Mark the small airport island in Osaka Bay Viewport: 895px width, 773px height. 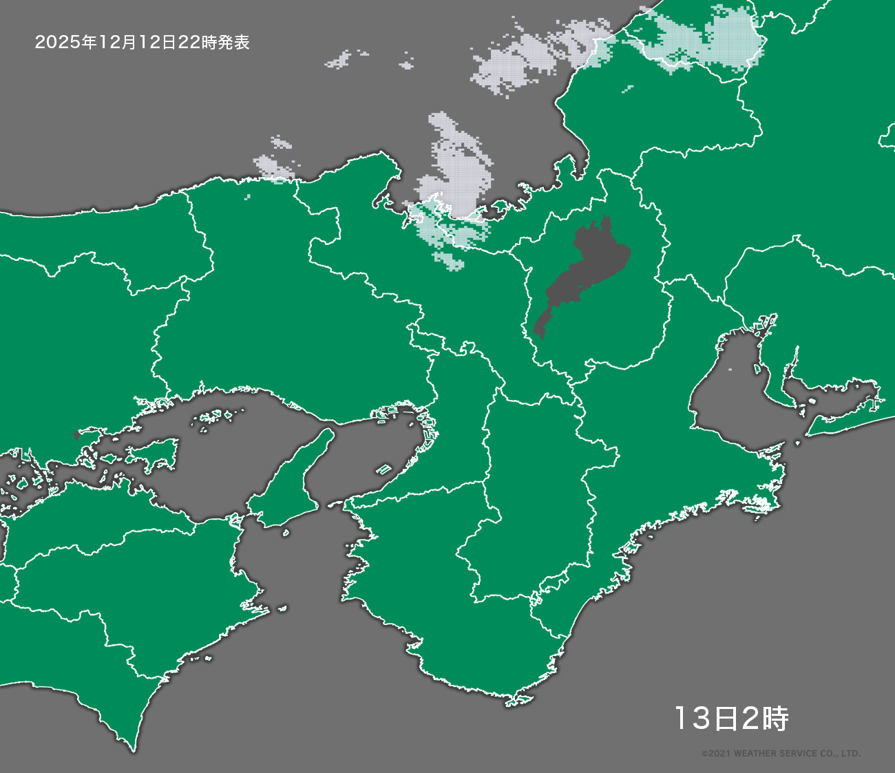(x=383, y=469)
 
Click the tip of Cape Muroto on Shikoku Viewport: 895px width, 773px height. (x=131, y=747)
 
